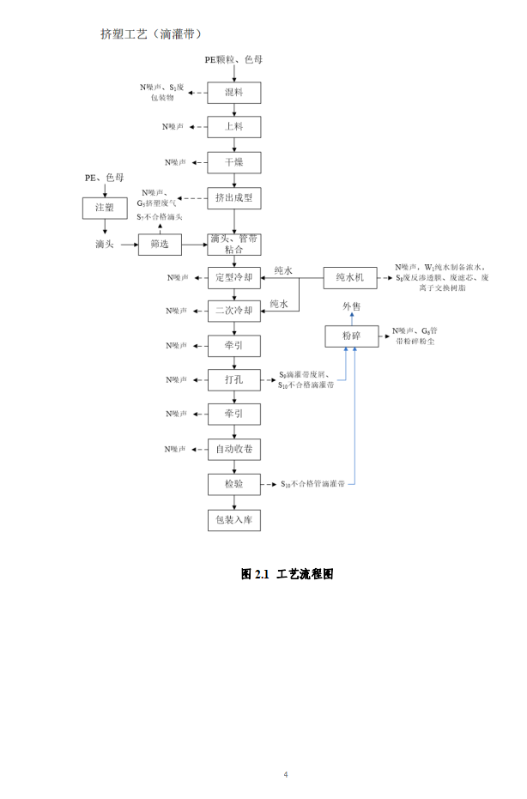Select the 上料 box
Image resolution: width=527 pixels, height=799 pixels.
(233, 127)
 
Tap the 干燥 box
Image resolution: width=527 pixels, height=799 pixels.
(233, 162)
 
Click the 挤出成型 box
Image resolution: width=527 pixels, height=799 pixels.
(233, 198)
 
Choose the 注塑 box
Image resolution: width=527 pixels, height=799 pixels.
(104, 208)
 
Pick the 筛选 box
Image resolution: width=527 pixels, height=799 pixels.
(160, 245)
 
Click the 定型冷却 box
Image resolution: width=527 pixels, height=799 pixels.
(233, 277)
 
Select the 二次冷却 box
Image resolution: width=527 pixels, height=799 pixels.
(233, 311)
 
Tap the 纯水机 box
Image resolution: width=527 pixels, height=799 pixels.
(350, 277)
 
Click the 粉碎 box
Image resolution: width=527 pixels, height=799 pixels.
(351, 336)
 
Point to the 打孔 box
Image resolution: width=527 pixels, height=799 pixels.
(233, 379)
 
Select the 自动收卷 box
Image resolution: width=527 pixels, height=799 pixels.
(233, 449)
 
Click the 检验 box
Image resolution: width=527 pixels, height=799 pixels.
(233, 484)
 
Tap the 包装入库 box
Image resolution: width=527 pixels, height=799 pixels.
(233, 519)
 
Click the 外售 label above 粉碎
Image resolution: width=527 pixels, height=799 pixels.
(352, 306)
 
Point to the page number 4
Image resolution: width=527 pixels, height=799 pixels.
(286, 774)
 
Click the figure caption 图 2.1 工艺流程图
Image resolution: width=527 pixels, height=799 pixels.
(287, 573)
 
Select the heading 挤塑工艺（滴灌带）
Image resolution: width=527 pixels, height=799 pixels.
(151, 34)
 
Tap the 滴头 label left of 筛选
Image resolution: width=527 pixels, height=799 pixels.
(105, 245)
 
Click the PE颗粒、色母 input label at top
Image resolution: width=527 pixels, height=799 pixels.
(233, 59)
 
